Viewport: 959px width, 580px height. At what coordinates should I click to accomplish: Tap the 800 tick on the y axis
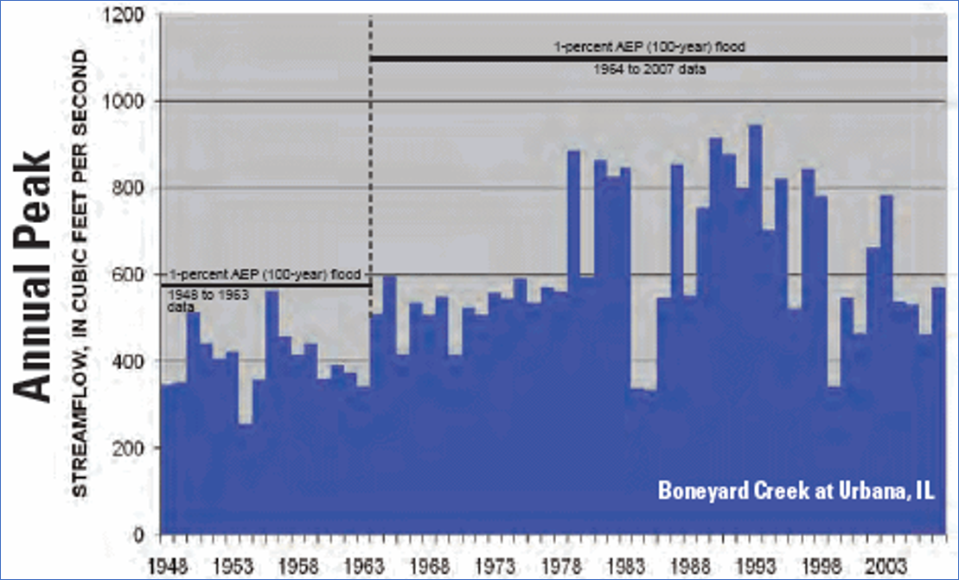(x=130, y=188)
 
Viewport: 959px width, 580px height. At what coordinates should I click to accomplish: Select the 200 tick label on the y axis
(x=130, y=448)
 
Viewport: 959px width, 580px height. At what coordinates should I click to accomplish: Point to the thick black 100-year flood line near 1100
(x=657, y=59)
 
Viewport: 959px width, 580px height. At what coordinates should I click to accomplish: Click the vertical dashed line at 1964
(x=371, y=173)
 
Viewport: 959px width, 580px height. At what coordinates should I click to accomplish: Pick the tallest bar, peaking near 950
(x=755, y=328)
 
